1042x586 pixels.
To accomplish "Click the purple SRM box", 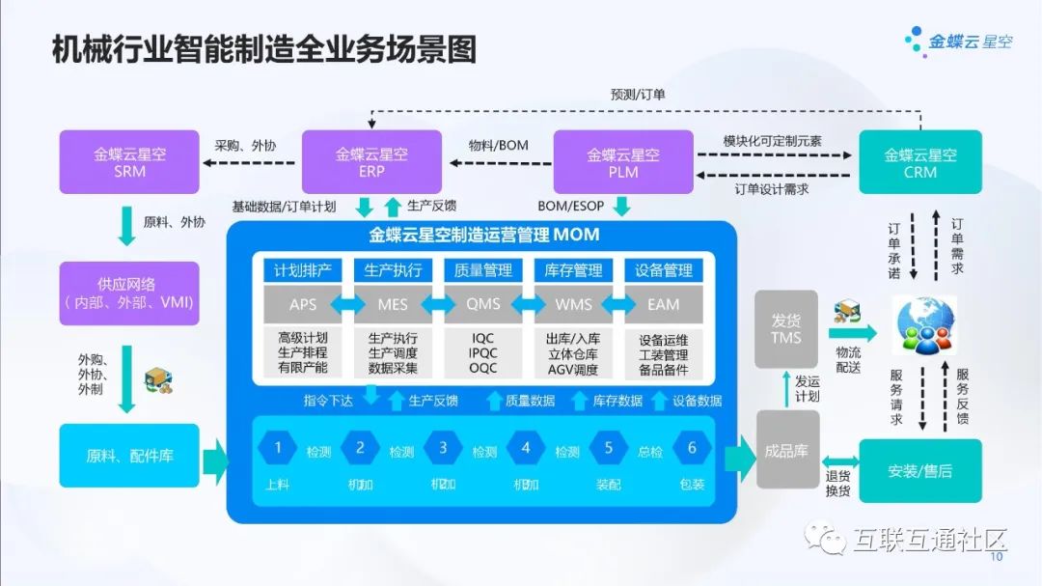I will pos(130,162).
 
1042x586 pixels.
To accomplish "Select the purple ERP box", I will pos(371,162).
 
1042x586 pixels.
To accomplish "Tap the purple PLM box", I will pos(623,162).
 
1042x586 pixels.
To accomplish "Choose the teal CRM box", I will pos(919,162).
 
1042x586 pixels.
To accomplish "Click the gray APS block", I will pos(302,304).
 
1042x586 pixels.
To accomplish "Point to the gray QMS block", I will pos(483,304).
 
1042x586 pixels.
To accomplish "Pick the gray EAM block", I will pos(663,304).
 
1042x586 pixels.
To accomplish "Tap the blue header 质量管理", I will pos(483,270).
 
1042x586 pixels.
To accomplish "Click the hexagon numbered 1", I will pos(278,448).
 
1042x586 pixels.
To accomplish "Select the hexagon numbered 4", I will pos(526,448).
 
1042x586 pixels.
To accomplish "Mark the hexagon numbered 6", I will pos(691,448).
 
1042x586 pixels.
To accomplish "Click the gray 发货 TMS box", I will pos(786,328).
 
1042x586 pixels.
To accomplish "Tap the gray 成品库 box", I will pos(786,451).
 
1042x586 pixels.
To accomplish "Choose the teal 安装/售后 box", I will pos(919,470).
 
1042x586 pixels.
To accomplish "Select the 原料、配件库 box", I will pos(129,455).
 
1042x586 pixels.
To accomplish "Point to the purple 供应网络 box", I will pos(129,293).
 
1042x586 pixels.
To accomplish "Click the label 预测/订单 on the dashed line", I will pos(637,95).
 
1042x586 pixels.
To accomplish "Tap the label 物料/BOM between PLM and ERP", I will pos(498,145).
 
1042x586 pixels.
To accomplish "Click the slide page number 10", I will pos(998,557).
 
